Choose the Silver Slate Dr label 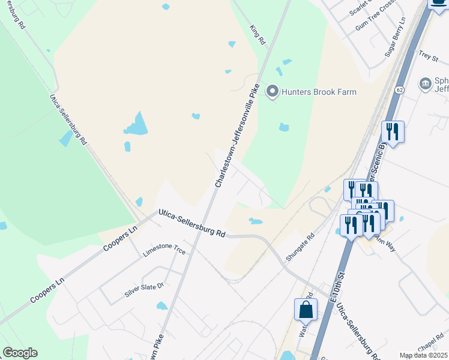(x=144, y=290)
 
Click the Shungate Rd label (x=301, y=246)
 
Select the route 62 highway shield (x=399, y=89)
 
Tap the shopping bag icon (x=306, y=310)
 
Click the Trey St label (x=429, y=55)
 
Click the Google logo (x=20, y=353)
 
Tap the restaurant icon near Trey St (x=393, y=131)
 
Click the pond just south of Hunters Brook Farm (x=284, y=127)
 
